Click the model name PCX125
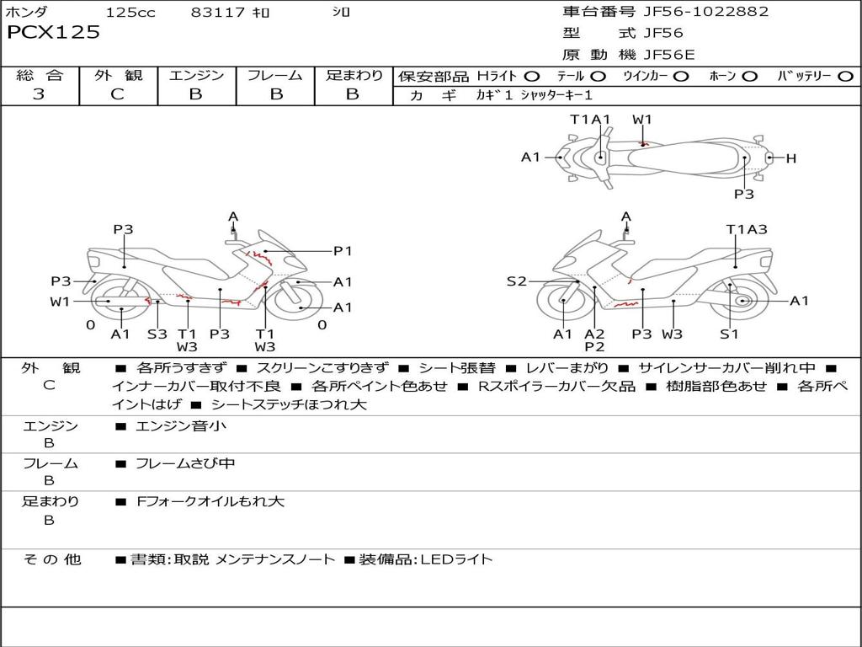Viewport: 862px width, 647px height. tap(53, 33)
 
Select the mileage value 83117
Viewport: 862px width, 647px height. tap(218, 13)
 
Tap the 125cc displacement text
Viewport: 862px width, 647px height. tap(130, 13)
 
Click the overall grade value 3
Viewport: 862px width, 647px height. tap(39, 94)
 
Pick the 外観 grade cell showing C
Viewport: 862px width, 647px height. tap(118, 94)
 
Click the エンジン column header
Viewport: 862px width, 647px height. tap(196, 76)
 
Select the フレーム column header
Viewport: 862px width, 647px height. tap(275, 76)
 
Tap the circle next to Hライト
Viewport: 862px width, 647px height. tap(532, 77)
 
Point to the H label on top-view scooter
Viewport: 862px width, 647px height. tap(790, 158)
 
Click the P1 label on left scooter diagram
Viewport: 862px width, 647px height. tap(343, 250)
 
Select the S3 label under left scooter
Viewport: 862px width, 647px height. tap(157, 334)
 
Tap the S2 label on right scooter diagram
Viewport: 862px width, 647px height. tap(516, 281)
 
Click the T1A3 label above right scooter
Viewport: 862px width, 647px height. tap(747, 229)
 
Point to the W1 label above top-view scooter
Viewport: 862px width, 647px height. tap(642, 120)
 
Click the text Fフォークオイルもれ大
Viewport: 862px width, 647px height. tap(210, 501)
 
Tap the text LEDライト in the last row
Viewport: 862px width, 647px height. tap(456, 559)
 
